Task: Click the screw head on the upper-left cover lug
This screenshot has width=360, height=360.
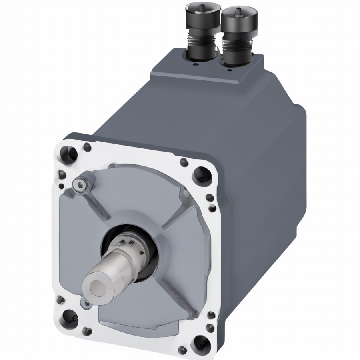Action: click(x=82, y=184)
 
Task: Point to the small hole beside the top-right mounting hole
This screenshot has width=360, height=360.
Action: click(x=184, y=162)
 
